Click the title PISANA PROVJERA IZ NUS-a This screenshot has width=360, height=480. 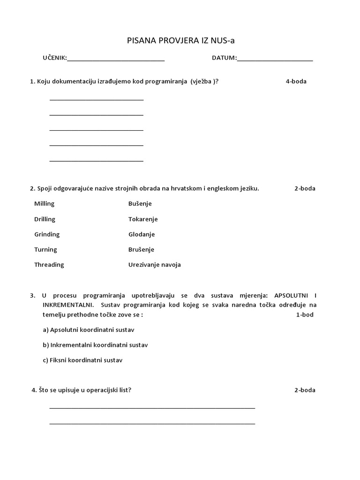click(x=180, y=41)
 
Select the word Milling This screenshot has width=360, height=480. click(x=44, y=204)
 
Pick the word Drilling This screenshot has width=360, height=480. click(x=45, y=219)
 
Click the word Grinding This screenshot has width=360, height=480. click(x=47, y=234)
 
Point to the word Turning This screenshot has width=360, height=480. click(x=45, y=250)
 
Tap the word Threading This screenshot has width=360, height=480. click(x=49, y=265)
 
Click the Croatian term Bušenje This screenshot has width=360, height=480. click(x=140, y=204)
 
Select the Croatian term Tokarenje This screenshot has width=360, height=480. click(x=143, y=219)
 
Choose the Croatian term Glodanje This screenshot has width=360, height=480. click(x=142, y=234)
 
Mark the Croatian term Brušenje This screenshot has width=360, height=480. click(x=141, y=250)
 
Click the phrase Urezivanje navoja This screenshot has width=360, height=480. click(x=155, y=265)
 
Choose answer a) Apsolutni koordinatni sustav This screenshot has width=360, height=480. click(x=89, y=330)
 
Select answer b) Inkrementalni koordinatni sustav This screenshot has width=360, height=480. click(x=95, y=345)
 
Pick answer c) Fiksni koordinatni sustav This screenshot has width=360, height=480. click(x=82, y=360)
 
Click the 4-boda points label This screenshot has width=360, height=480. click(x=296, y=82)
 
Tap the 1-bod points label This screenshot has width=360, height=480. click(x=305, y=315)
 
